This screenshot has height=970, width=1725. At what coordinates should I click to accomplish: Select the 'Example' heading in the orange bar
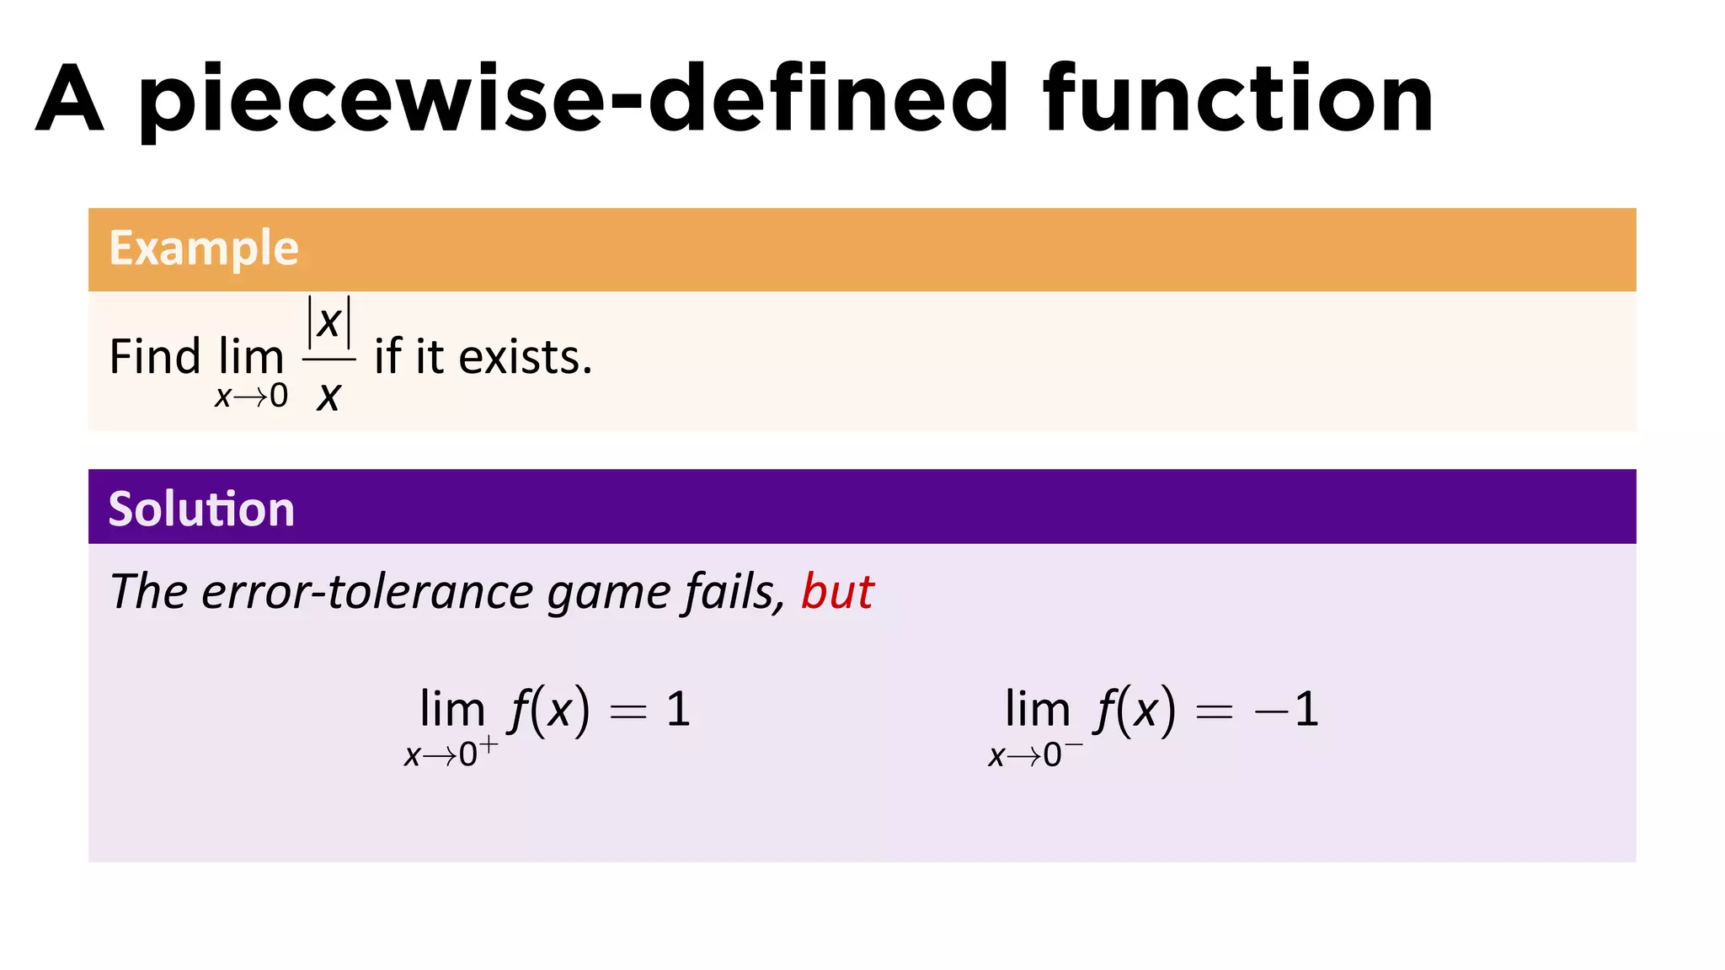tap(204, 248)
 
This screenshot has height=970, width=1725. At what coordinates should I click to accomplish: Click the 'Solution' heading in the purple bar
tap(201, 509)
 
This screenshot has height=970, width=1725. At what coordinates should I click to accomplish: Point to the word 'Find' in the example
tap(155, 357)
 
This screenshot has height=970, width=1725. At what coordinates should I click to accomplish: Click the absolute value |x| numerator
tap(328, 322)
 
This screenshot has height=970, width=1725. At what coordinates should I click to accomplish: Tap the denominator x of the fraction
tap(328, 396)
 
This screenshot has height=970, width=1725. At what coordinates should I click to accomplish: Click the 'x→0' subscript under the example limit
tap(251, 396)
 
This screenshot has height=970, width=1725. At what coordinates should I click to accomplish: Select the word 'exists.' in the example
tap(526, 357)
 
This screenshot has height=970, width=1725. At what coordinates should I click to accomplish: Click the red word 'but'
tap(837, 591)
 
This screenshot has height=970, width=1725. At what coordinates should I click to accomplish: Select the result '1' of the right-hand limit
tap(678, 709)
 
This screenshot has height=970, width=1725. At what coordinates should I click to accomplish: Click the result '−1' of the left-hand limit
tap(1286, 709)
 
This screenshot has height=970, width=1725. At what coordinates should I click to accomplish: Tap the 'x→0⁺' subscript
tap(451, 754)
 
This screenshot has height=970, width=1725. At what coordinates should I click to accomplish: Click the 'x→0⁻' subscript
tap(1035, 754)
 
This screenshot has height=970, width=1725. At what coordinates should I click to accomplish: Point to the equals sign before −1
tap(1214, 712)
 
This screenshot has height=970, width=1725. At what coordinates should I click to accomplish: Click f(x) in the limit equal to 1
tap(548, 709)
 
